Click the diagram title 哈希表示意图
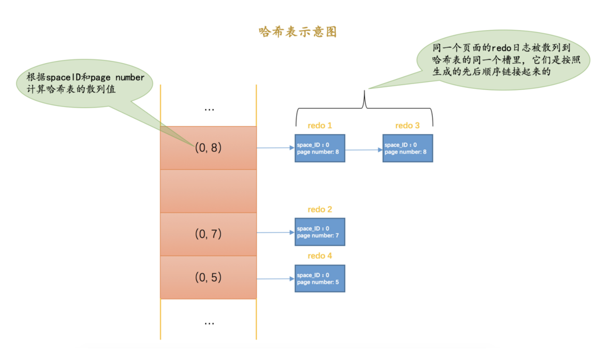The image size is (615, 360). pos(298,32)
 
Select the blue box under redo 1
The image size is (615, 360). pos(320,148)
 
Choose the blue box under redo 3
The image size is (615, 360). pos(407,148)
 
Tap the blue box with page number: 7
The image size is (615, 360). pos(320,232)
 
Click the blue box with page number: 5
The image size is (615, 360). pos(320,279)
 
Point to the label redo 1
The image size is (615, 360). pos(320,125)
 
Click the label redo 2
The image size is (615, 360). pos(320,209)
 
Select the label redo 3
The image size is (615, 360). pos(407,125)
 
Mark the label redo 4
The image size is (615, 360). pos(320,256)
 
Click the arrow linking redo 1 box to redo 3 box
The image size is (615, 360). pos(364,150)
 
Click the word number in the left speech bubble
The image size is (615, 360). pos(130,78)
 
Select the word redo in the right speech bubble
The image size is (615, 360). pos(501,48)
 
